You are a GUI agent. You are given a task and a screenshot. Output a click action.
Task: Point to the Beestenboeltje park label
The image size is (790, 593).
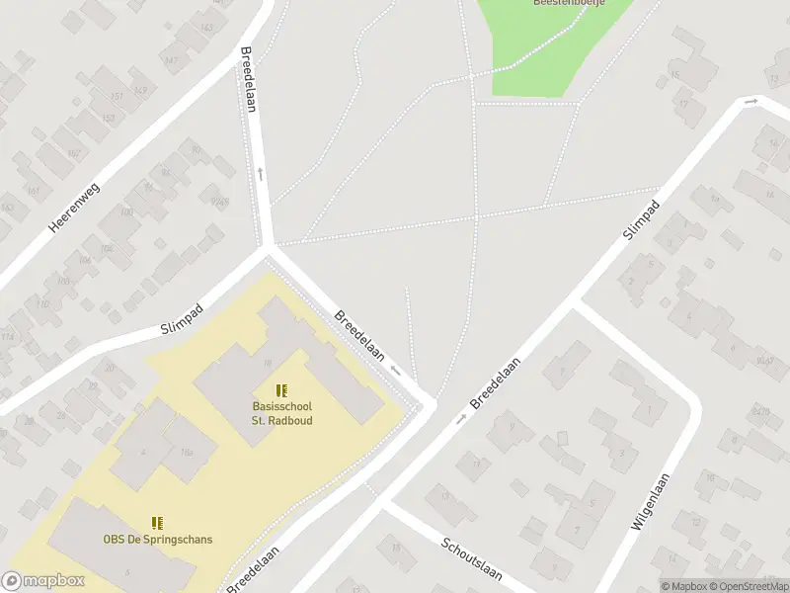pos(569,3)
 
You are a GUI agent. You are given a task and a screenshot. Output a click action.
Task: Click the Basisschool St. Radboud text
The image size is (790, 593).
pos(281,413)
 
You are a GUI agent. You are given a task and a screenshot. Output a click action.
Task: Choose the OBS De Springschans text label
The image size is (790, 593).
pos(158,540)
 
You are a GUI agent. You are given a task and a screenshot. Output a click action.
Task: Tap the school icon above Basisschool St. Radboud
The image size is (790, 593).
pos(281,390)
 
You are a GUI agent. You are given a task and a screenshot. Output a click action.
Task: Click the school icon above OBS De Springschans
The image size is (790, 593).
pos(158,522)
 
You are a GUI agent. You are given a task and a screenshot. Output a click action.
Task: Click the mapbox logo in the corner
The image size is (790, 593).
pos(43,581)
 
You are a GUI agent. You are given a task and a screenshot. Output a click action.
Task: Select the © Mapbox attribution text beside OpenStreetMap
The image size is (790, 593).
pos(684,586)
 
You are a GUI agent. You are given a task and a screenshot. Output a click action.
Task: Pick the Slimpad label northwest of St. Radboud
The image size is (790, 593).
pos(182,320)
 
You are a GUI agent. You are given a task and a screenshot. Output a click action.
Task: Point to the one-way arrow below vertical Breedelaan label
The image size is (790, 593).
pos(261,173)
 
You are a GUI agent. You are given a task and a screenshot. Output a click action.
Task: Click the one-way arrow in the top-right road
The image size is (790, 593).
pos(751,102)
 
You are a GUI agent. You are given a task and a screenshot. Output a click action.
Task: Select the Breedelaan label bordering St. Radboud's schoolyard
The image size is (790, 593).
pos(357,335)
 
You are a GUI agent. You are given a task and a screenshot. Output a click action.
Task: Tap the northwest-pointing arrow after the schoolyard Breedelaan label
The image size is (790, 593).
pos(395,371)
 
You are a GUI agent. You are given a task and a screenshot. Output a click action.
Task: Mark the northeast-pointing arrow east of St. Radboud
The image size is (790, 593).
pos(461,420)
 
